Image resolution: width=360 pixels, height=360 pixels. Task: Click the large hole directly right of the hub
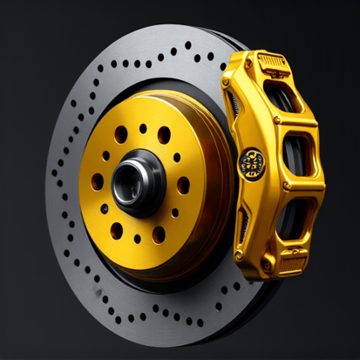click(183, 185)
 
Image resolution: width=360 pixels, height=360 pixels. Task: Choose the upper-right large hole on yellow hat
click(164, 135)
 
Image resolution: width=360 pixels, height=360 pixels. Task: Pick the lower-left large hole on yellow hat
click(117, 229)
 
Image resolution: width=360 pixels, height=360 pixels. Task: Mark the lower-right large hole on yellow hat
click(160, 234)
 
